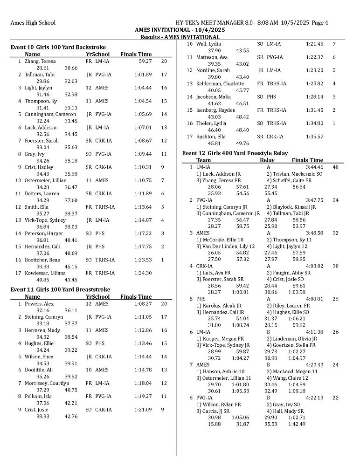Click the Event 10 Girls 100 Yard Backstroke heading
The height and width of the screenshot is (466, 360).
pyautogui.click(x=58, y=47)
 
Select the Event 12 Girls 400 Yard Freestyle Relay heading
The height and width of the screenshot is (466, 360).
pyautogui.click(x=235, y=153)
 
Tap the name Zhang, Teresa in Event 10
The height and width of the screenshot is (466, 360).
pyautogui.click(x=40, y=61)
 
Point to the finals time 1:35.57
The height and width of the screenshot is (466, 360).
pyautogui.click(x=314, y=137)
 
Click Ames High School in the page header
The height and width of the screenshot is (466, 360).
pyautogui.click(x=33, y=22)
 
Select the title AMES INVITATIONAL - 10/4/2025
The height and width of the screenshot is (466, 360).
pyautogui.click(x=180, y=29)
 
